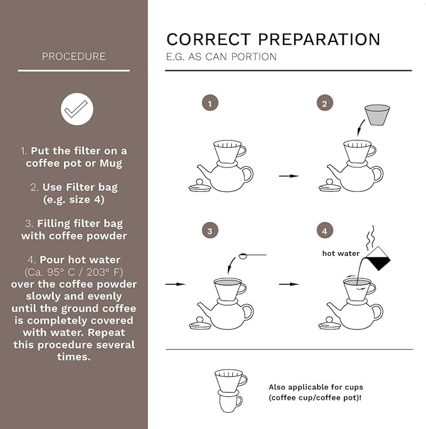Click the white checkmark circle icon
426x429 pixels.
pyautogui.click(x=77, y=109)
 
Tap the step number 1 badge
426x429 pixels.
pyautogui.click(x=210, y=103)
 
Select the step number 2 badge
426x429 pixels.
pyautogui.click(x=324, y=103)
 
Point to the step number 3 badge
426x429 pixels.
pyautogui.click(x=210, y=230)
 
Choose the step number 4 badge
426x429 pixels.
pyautogui.click(x=324, y=230)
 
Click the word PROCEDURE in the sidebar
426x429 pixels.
pyautogui.click(x=73, y=56)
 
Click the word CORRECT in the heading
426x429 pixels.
pyautogui.click(x=208, y=39)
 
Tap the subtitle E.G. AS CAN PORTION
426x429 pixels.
pyautogui.click(x=221, y=56)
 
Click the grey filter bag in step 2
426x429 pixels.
pyautogui.click(x=377, y=115)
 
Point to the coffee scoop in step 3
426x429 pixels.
pyautogui.click(x=252, y=256)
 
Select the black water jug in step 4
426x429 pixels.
pyautogui.click(x=378, y=258)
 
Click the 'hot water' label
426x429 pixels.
pyautogui.click(x=341, y=253)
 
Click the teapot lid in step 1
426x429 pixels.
pyautogui.click(x=200, y=186)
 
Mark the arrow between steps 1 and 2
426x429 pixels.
pyautogui.click(x=289, y=176)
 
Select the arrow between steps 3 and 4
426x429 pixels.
pyautogui.click(x=289, y=284)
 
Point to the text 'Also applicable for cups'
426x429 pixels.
pyautogui.click(x=316, y=387)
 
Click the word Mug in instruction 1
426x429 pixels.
pyautogui.click(x=111, y=163)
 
